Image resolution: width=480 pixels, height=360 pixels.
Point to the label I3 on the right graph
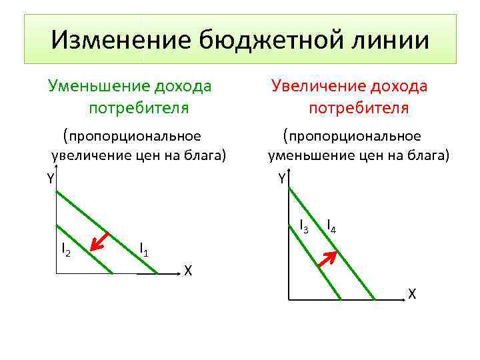point(303,226)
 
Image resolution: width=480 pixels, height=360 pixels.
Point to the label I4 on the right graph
point(331,226)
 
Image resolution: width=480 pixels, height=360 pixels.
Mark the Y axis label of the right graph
point(282,178)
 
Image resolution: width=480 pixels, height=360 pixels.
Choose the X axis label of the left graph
point(189,271)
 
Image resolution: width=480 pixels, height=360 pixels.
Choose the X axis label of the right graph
point(412,294)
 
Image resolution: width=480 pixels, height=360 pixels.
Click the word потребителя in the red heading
point(358,107)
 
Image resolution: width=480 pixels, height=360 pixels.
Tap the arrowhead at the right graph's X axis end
point(404,301)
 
